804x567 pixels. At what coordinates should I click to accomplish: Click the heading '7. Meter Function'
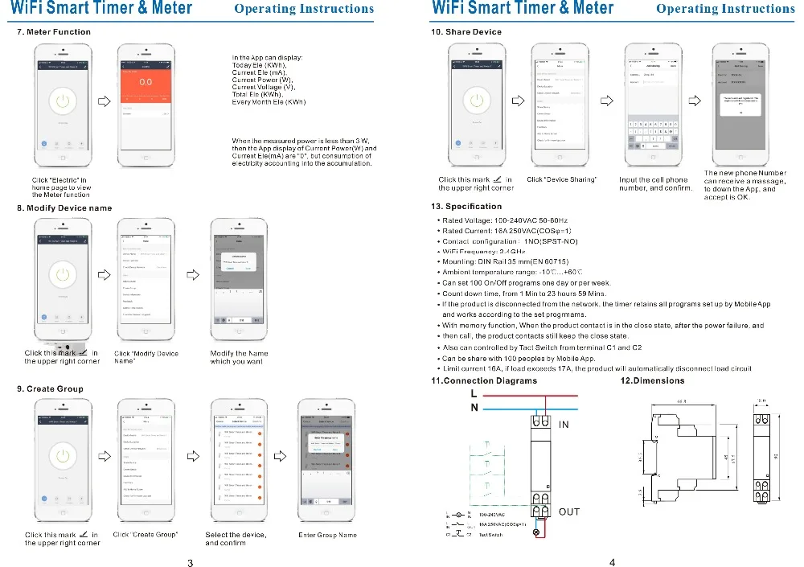tap(54, 32)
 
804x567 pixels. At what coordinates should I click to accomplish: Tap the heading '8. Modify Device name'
tap(64, 208)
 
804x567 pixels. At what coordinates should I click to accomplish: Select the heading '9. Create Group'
tap(50, 388)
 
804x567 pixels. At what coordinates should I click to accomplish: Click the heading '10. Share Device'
tap(466, 32)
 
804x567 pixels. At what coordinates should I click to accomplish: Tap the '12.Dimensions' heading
tap(653, 380)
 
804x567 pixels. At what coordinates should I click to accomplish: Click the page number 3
tap(191, 562)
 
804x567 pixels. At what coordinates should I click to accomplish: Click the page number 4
tap(612, 562)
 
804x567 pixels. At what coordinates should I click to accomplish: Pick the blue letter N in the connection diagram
tap(474, 408)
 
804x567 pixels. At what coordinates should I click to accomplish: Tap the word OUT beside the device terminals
tap(569, 512)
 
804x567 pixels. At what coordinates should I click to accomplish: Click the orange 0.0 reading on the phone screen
tap(146, 82)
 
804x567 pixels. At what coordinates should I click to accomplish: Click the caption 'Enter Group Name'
tap(327, 535)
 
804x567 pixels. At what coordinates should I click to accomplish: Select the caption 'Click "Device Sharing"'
tap(561, 180)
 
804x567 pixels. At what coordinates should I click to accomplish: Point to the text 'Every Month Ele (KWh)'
tap(269, 102)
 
